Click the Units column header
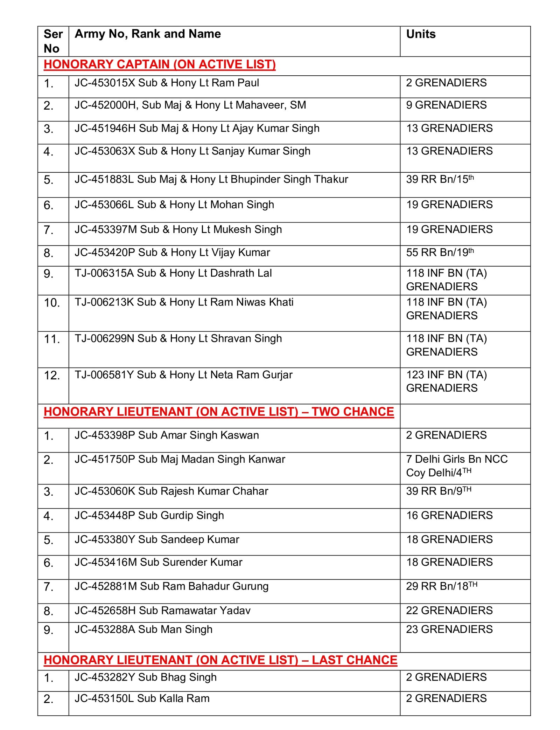(420, 34)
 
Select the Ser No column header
(53, 41)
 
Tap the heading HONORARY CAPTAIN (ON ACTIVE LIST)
(160, 64)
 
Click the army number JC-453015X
(105, 83)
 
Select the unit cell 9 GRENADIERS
(446, 105)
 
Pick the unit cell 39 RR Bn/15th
(440, 179)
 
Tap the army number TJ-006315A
(104, 273)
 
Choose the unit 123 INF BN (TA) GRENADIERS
(446, 381)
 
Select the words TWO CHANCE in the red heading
(353, 412)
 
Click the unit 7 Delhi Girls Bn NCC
(457, 459)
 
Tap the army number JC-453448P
(105, 515)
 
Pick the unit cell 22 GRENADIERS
(449, 610)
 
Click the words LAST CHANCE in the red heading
(354, 660)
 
